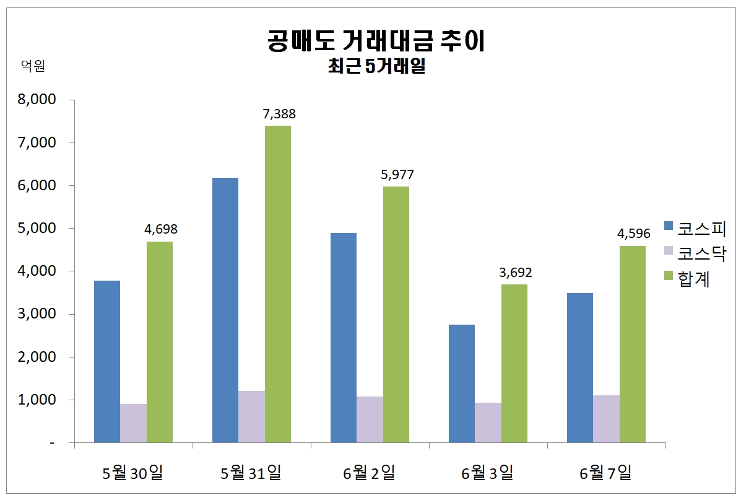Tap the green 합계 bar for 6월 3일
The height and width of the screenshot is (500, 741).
(514, 363)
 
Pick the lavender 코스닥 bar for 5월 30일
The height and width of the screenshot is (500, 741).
(133, 423)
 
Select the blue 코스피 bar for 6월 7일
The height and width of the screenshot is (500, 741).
(580, 367)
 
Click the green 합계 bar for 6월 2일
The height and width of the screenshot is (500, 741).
(396, 314)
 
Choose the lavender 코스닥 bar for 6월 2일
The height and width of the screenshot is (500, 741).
(370, 419)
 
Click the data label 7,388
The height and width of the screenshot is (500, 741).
(279, 114)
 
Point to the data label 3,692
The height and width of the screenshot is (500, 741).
(515, 273)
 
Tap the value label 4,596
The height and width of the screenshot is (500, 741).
(633, 234)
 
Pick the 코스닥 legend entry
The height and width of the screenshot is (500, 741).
(693, 253)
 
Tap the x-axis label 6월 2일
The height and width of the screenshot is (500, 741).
(369, 474)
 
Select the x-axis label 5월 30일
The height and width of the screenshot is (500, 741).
(133, 474)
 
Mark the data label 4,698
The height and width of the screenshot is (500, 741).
(161, 229)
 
